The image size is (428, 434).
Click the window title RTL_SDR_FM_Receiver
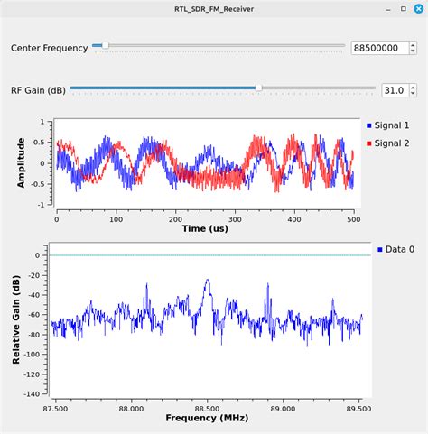click(214, 8)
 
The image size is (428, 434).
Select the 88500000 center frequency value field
click(379, 47)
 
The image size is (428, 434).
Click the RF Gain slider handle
click(259, 88)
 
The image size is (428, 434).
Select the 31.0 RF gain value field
click(393, 90)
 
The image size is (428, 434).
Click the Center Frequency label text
click(50, 47)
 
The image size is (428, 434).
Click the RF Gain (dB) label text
click(38, 89)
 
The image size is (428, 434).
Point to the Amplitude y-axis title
click(21, 162)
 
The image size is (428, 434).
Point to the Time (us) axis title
click(208, 230)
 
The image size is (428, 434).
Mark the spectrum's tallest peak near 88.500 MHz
click(208, 280)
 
